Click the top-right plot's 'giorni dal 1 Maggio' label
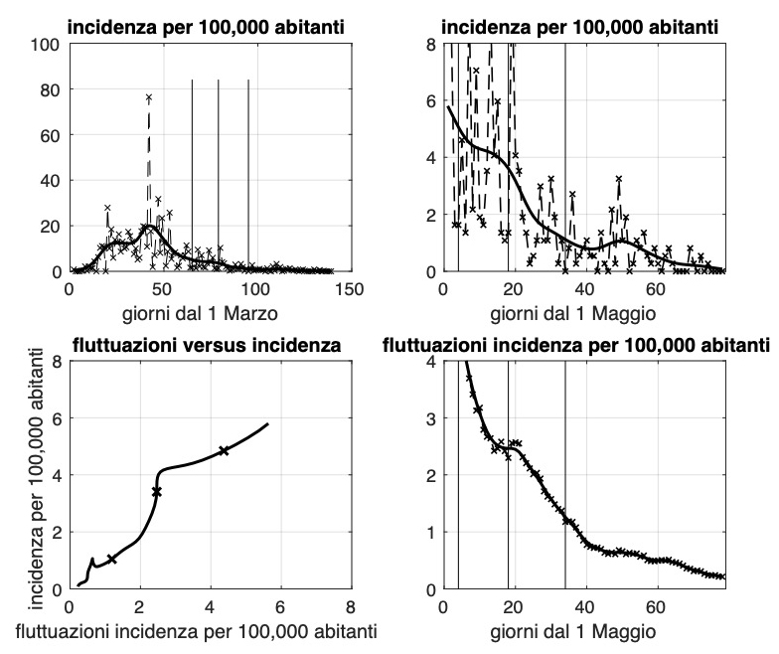[583, 310]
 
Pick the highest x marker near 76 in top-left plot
[149, 97]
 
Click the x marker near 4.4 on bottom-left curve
[224, 451]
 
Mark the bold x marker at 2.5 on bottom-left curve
[156, 492]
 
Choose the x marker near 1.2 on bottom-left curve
[111, 560]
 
